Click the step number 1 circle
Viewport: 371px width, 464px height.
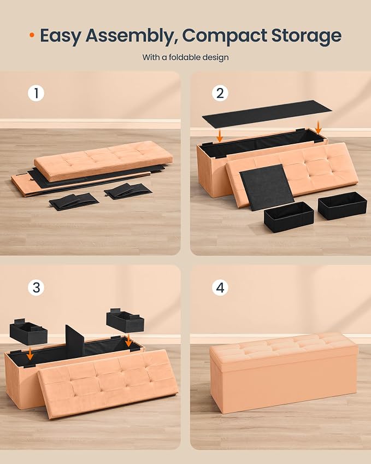36,93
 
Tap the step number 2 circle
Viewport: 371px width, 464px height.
220,93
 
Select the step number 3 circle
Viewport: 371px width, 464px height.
36,287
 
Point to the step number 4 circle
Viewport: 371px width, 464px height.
220,287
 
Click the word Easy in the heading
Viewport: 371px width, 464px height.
61,36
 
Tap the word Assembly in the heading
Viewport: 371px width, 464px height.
131,36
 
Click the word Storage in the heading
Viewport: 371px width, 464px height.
307,36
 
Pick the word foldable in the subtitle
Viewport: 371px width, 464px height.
184,57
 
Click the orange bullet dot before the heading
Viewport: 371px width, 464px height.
32,35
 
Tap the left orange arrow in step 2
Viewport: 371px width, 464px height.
220,136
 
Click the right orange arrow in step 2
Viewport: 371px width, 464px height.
319,127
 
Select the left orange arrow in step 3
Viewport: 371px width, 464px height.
30,354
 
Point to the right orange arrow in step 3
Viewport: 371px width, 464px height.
128,340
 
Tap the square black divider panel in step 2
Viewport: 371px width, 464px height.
267,187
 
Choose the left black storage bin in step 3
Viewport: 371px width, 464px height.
28,331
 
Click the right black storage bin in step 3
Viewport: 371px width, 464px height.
125,320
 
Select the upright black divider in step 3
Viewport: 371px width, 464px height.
75,340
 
